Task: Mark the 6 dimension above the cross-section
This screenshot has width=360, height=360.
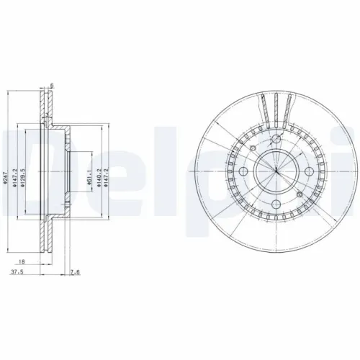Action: [52, 86]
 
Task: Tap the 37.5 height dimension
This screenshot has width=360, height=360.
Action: [14, 274]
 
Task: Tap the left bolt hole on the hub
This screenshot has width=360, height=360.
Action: [245, 171]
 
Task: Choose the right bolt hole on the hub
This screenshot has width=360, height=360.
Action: [307, 171]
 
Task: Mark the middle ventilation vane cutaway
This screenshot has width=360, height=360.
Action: [276, 112]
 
